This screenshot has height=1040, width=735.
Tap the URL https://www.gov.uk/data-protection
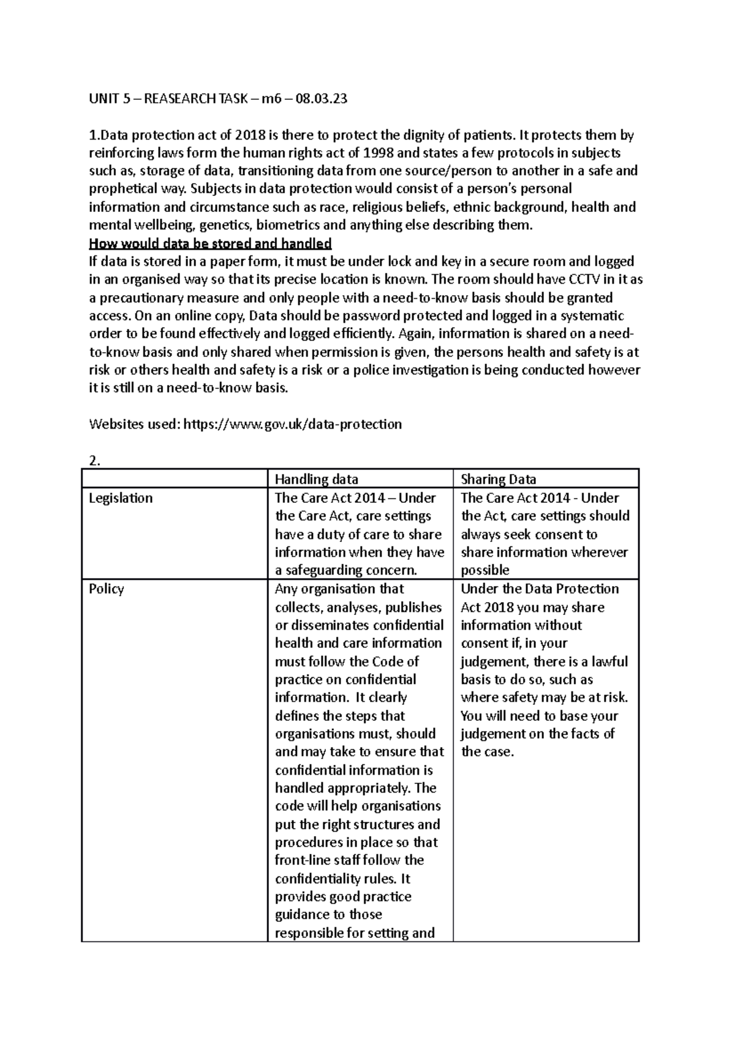click(293, 424)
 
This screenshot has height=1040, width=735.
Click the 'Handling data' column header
click(316, 479)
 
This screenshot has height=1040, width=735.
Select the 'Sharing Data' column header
click(498, 479)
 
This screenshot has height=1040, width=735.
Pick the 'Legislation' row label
click(121, 498)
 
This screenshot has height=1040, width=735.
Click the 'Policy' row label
click(107, 589)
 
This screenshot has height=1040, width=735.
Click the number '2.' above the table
click(94, 461)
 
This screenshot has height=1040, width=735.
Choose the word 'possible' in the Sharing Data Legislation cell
click(484, 570)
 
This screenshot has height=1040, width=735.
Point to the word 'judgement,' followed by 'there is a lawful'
click(494, 661)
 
